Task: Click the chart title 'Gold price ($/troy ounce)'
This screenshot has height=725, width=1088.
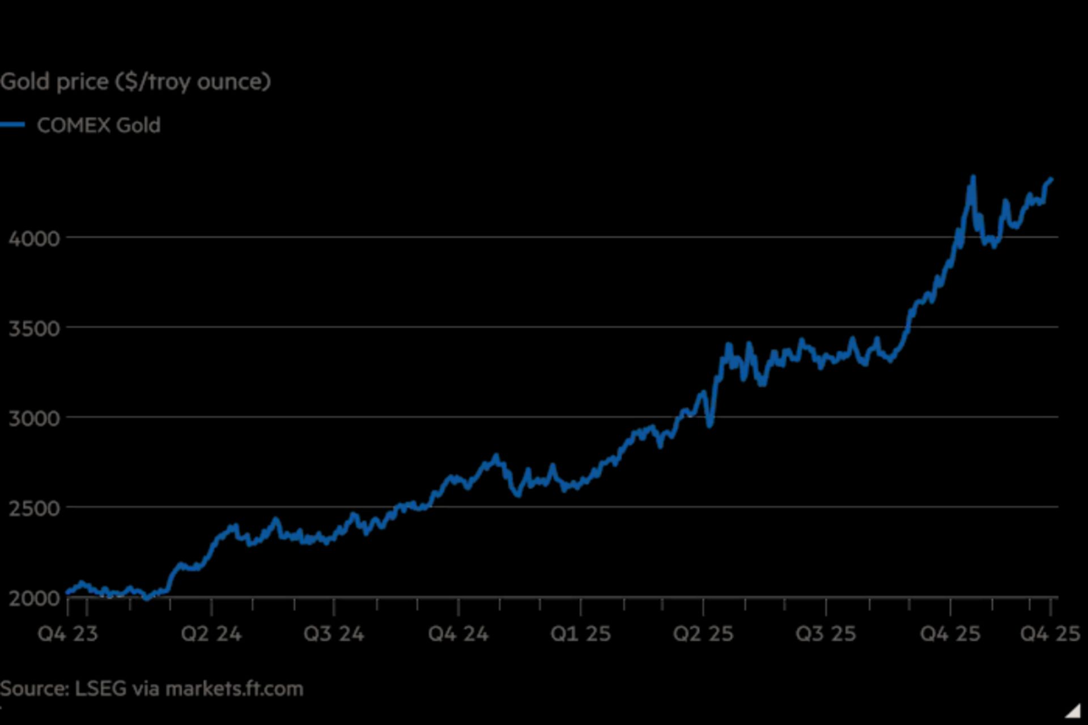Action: point(135,82)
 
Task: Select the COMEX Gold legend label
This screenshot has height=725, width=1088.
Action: point(99,125)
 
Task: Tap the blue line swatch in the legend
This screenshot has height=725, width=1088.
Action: point(12,125)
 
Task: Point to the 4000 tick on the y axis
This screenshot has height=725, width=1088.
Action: point(34,238)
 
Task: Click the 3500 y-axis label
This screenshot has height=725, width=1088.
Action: point(34,329)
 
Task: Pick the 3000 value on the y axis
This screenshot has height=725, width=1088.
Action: point(34,419)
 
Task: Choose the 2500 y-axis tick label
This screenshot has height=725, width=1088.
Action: point(34,508)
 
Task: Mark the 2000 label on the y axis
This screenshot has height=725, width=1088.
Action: point(34,598)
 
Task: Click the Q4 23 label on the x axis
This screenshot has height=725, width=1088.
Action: point(67,633)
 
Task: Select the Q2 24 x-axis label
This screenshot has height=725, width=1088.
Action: point(211,633)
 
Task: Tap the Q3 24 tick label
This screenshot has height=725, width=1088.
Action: point(334,633)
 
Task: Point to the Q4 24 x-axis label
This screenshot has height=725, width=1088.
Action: point(458,633)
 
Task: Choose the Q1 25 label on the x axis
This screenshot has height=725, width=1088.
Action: point(581,633)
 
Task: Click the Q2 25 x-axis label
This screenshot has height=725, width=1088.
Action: point(703,633)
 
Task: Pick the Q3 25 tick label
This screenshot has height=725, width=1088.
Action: point(826,633)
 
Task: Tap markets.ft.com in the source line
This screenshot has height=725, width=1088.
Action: point(235,689)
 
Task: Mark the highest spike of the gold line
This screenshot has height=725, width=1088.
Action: point(973,178)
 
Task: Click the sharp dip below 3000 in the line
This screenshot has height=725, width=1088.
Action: point(710,425)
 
